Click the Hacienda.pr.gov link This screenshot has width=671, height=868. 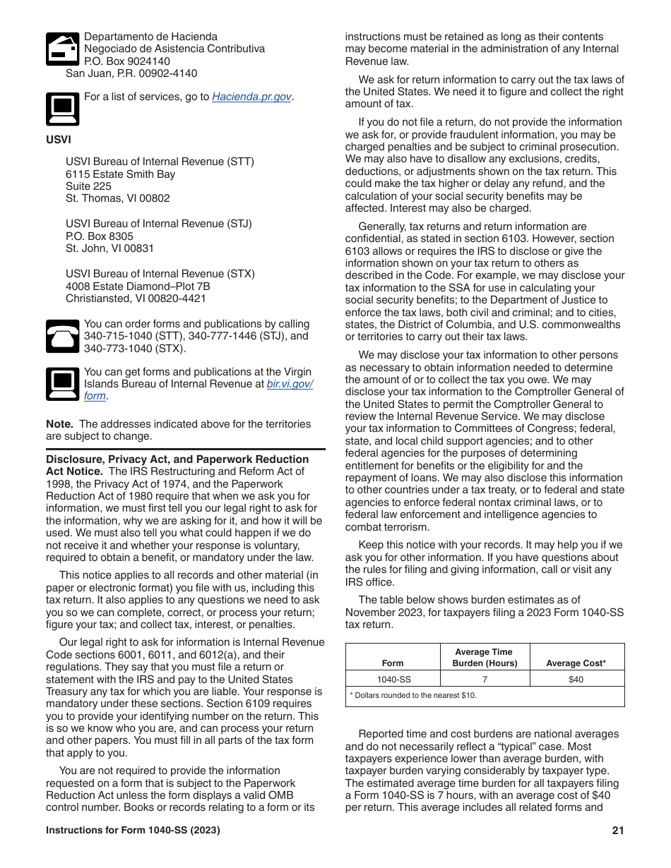point(251,97)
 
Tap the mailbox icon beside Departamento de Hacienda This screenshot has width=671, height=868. point(62,49)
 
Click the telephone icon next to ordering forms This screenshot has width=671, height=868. point(62,336)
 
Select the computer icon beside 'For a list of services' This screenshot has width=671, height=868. point(62,109)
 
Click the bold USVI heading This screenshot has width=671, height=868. point(59,140)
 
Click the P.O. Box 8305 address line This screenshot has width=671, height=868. point(100,236)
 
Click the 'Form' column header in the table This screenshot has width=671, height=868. point(393,663)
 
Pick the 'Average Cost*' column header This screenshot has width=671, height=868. point(576,663)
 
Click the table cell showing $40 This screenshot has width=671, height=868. point(576,679)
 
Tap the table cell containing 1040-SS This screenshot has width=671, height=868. point(393,679)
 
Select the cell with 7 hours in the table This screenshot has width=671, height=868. point(485,679)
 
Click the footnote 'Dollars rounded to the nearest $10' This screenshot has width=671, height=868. point(415,696)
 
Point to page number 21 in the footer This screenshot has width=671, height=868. point(618,831)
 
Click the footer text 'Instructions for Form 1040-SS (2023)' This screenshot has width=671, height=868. point(133,831)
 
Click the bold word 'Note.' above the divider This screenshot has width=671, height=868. point(59,424)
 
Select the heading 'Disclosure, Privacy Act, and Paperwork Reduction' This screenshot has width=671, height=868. point(177,459)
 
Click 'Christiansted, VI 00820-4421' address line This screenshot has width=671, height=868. point(136,299)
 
